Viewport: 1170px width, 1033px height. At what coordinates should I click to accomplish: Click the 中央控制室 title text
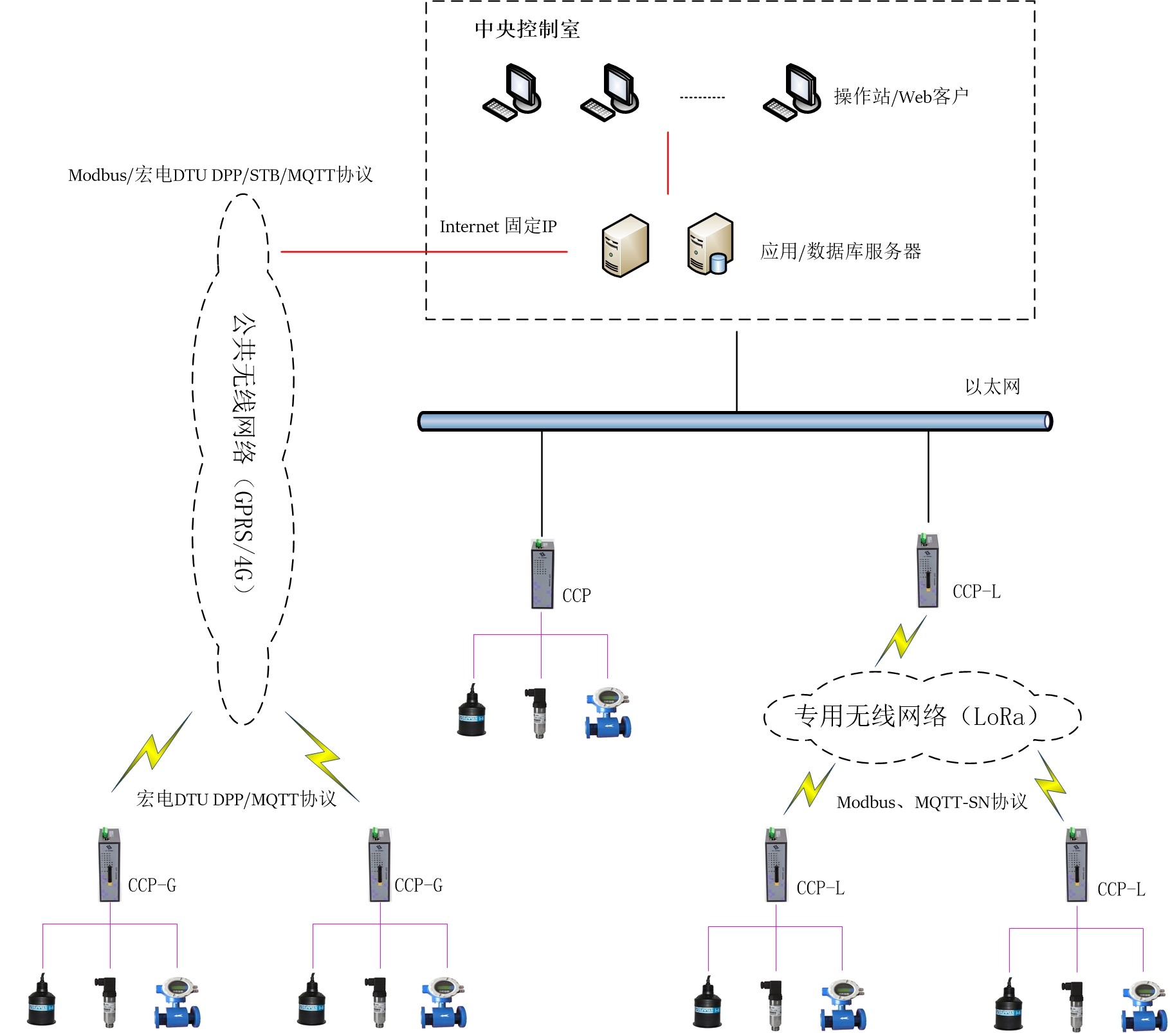tap(527, 30)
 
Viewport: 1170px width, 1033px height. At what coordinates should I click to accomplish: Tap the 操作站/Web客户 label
tap(900, 96)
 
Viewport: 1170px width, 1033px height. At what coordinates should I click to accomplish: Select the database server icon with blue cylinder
tap(710, 244)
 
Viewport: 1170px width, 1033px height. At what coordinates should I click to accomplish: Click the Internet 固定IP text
tap(498, 226)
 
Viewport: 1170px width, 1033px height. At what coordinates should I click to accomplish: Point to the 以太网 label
tap(992, 387)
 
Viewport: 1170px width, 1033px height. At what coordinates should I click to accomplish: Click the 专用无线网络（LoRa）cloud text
tap(916, 716)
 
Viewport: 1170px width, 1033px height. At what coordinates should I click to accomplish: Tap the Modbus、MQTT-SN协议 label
tap(931, 802)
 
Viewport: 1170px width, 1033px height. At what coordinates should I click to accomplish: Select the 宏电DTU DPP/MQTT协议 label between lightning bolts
tap(236, 800)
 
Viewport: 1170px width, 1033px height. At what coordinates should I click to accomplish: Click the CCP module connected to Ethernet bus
tap(542, 574)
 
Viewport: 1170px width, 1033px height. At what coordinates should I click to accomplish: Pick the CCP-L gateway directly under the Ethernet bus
tap(928, 571)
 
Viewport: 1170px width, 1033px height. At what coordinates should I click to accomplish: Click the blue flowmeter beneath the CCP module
tap(608, 714)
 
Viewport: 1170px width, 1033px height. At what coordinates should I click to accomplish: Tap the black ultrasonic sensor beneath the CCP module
tap(471, 713)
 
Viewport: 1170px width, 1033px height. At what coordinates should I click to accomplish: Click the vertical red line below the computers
tap(668, 163)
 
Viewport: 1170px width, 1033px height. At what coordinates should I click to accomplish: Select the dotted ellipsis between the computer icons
tap(702, 98)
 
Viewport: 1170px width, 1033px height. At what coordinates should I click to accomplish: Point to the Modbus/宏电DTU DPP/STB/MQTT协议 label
tap(221, 175)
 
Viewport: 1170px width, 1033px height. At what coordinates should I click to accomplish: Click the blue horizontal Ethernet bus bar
tap(735, 421)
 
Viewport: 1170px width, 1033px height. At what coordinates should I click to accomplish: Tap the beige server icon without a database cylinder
tap(625, 246)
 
